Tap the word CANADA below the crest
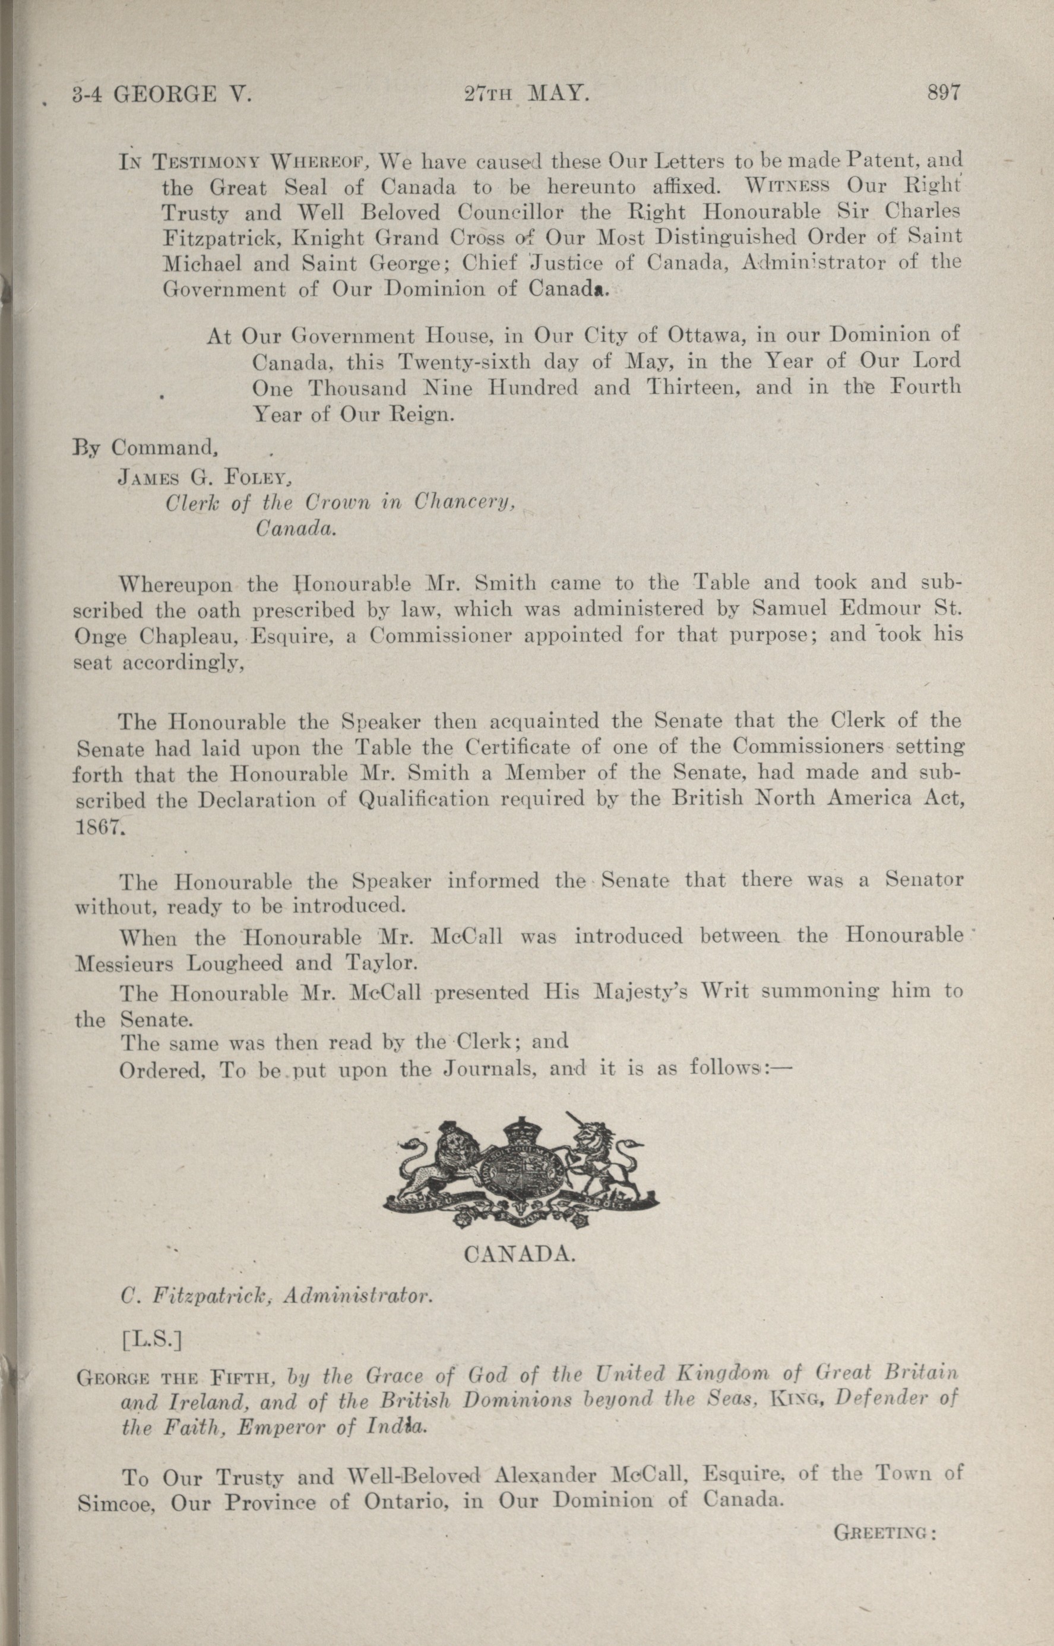coord(519,1255)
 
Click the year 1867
coord(99,826)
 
